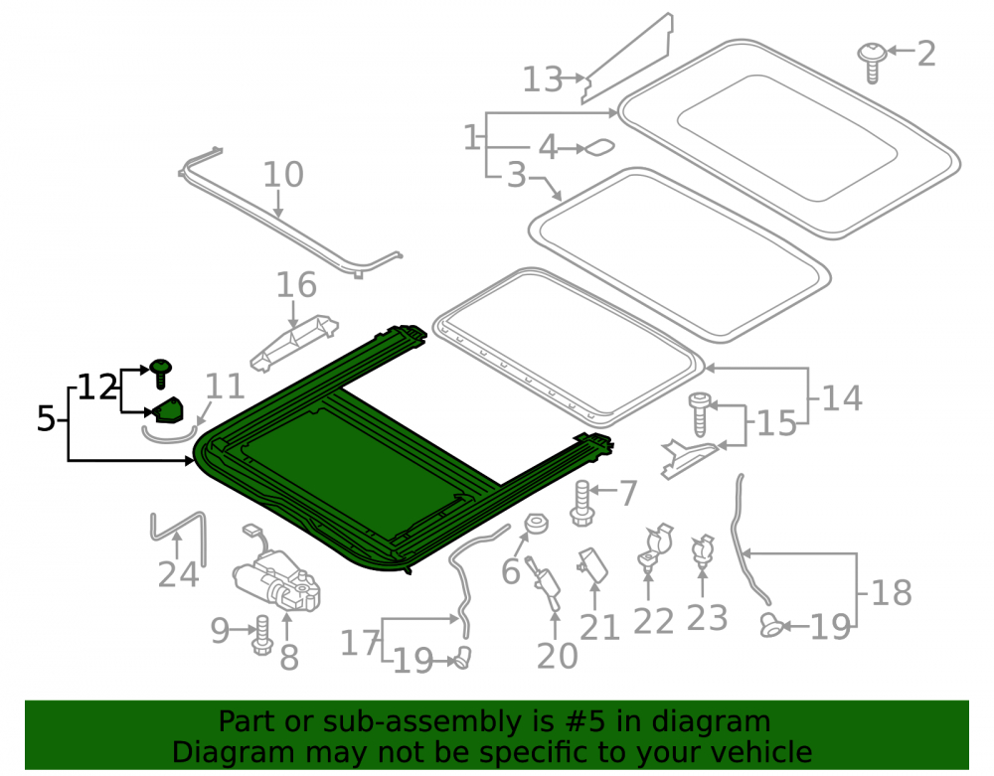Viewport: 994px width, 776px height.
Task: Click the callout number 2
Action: click(x=926, y=54)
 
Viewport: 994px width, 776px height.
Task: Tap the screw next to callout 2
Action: click(x=872, y=62)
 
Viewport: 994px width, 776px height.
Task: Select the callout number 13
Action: click(x=543, y=79)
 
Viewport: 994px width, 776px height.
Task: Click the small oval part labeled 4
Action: click(x=599, y=148)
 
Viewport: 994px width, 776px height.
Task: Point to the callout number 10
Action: click(x=283, y=174)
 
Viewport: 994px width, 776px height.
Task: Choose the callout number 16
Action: click(x=296, y=285)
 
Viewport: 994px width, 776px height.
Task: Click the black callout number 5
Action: click(x=46, y=418)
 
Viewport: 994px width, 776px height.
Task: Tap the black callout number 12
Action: click(x=97, y=388)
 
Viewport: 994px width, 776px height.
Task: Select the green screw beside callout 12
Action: click(x=161, y=374)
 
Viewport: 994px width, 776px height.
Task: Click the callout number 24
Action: click(x=178, y=574)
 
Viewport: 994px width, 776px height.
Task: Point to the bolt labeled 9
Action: click(x=261, y=635)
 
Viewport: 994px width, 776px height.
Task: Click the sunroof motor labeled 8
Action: click(x=277, y=574)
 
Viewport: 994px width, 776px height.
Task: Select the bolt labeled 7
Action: click(x=581, y=504)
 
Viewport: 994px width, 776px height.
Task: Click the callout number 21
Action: click(x=599, y=628)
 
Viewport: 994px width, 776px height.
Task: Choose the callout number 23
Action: click(x=707, y=618)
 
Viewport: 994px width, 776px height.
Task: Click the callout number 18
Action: click(x=892, y=593)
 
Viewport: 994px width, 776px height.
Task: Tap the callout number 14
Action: click(x=842, y=398)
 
